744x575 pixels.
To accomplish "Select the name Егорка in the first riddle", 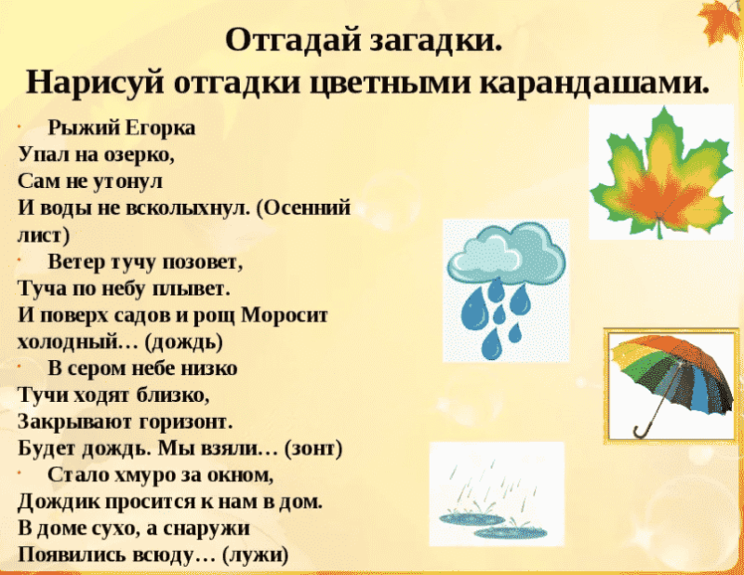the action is [x=160, y=128].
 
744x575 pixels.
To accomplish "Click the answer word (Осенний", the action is [x=303, y=208].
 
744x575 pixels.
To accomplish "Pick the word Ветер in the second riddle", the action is [x=77, y=261].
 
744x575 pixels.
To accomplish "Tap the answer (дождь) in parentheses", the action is [x=184, y=342].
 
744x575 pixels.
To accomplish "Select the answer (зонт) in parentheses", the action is [x=313, y=448].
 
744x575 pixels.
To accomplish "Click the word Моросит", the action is [x=285, y=315].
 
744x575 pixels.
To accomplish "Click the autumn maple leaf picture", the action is [x=661, y=174].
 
